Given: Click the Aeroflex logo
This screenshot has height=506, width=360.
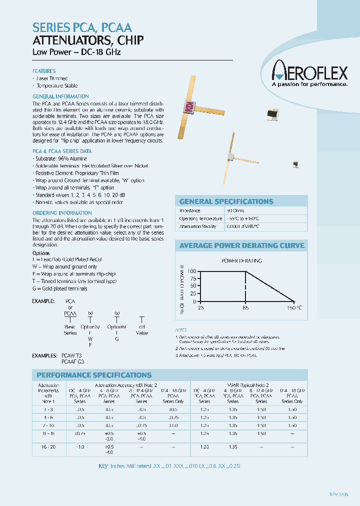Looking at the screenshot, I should (x=309, y=73).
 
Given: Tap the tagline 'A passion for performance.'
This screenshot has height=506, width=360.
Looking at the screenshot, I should (x=309, y=84).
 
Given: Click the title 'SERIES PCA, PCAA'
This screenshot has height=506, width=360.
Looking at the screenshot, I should (x=82, y=28).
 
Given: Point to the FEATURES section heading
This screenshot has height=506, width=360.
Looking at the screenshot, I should (x=44, y=71).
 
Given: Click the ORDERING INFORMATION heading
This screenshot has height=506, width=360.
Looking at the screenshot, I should (x=55, y=213).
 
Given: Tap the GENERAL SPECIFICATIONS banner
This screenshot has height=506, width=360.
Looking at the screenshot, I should (x=226, y=201).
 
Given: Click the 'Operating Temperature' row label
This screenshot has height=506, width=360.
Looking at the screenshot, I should (x=200, y=219).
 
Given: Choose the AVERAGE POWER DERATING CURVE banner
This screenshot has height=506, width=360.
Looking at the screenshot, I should (x=241, y=245).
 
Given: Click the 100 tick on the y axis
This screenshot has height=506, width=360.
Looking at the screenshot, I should (x=192, y=271).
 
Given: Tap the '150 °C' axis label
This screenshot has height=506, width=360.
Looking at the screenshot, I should (x=294, y=307).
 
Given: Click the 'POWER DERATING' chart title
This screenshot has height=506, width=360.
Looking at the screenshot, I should (x=241, y=260).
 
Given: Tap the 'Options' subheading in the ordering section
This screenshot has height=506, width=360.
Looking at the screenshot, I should (x=41, y=253).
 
